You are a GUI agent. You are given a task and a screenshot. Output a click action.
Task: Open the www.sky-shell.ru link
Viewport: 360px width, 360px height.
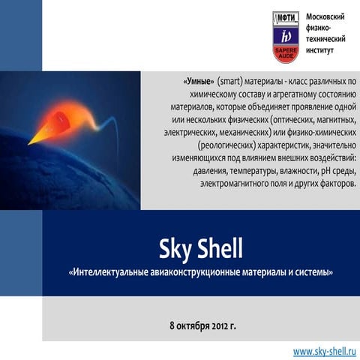pos(325,351)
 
